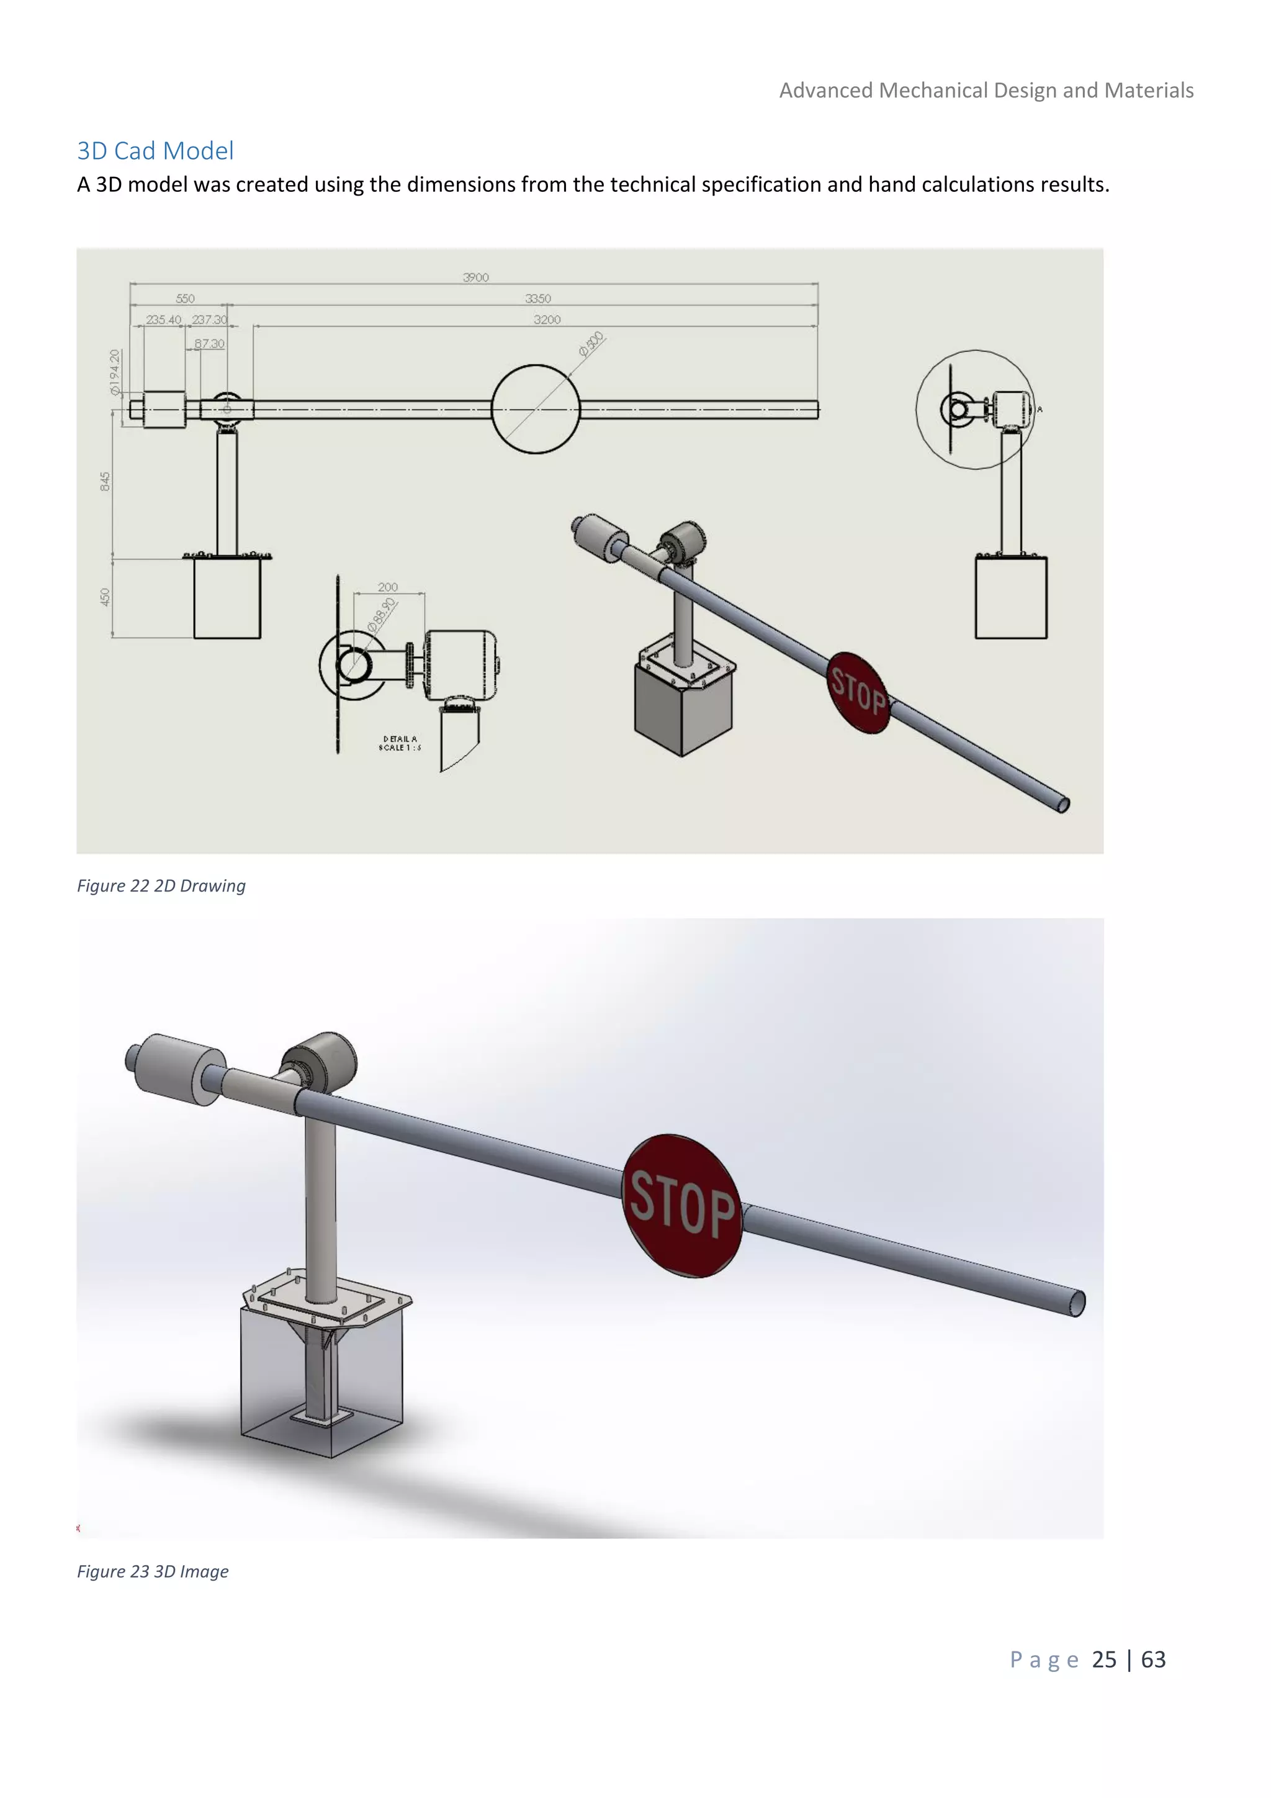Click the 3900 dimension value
point(476,278)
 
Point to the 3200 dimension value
point(547,320)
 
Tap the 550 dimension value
point(186,299)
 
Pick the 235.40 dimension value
point(164,320)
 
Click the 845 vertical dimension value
point(105,482)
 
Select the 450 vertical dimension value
point(105,597)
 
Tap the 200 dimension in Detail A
point(387,587)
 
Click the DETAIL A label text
point(400,738)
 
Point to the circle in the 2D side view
point(536,409)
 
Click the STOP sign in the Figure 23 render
point(683,1205)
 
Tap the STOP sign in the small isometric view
point(858,692)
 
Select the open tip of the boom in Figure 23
point(1078,1304)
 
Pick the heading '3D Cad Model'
point(155,150)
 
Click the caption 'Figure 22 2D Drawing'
point(161,886)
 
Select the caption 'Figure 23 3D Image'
point(153,1571)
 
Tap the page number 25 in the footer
point(1103,1660)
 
